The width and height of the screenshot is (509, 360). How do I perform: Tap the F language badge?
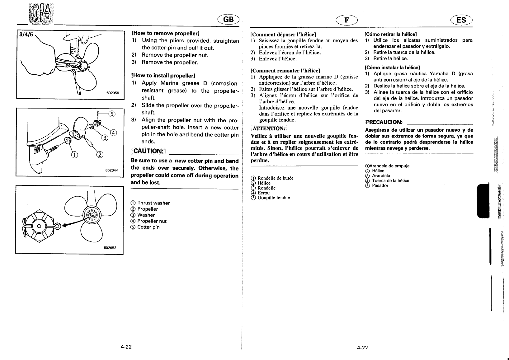(x=346, y=20)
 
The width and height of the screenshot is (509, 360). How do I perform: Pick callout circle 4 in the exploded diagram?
(x=114, y=133)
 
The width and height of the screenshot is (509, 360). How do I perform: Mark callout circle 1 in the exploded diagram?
(x=74, y=154)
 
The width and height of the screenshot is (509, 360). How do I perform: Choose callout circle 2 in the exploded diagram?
(x=100, y=155)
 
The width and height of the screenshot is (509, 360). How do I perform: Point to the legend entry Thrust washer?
(x=151, y=203)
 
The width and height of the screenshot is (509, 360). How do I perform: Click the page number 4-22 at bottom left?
(x=126, y=347)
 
